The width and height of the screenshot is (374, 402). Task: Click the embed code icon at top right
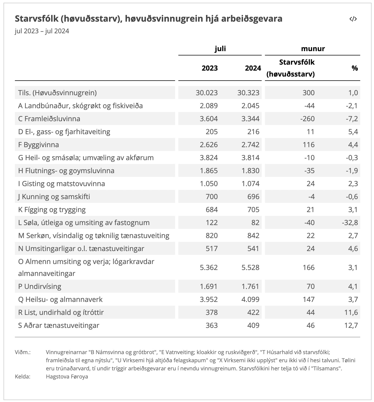pos(353,19)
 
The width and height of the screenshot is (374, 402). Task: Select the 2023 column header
pos(209,68)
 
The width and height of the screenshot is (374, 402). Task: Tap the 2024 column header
pos(253,68)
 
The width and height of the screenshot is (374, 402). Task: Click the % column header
pos(355,68)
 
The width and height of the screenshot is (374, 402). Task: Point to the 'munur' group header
pos(313,49)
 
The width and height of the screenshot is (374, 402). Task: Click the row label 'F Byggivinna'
pos(38,145)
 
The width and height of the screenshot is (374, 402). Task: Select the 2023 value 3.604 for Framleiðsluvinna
pos(209,119)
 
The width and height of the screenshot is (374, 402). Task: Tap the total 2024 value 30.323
pos(248,93)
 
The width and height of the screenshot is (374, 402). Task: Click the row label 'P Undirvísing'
pos(40,286)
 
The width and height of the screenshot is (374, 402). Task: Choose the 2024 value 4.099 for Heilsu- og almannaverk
pos(250,299)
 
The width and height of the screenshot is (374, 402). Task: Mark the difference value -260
pos(307,119)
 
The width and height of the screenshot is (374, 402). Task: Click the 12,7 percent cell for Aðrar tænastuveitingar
pos(351,325)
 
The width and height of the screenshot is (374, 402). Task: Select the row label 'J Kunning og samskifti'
pos(54,197)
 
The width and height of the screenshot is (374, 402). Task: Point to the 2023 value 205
pos(211,132)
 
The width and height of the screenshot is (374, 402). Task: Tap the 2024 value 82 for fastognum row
pos(255,223)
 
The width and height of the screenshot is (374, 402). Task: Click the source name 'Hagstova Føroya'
pos(67,377)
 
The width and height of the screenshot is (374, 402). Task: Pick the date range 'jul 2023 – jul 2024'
pos(42,31)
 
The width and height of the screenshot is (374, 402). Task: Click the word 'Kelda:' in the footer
pos(22,377)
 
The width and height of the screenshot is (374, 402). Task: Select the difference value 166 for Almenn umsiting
pos(309,268)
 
